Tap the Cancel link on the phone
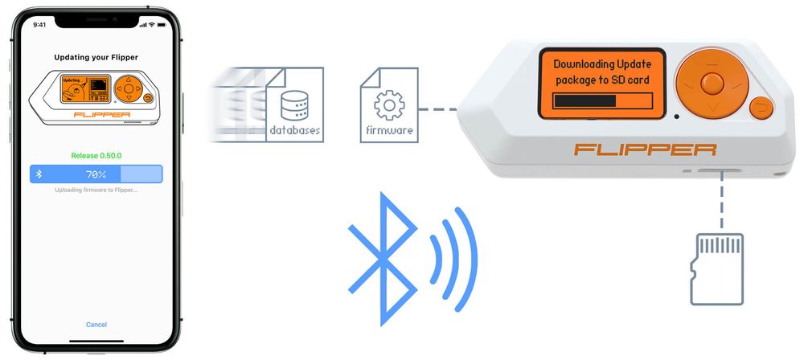coord(96,325)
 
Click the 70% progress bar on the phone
coord(96,174)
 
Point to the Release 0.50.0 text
coord(96,156)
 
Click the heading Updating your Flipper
coord(96,58)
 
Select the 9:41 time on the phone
coord(39,25)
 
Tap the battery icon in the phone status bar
coord(159,25)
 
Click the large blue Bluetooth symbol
coord(383,256)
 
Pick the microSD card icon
coord(719,268)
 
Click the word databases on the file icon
coord(295,129)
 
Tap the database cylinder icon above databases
coord(294,104)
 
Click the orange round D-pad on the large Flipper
coord(711,83)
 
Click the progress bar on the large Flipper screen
coord(601,100)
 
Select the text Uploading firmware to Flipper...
coord(96,190)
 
